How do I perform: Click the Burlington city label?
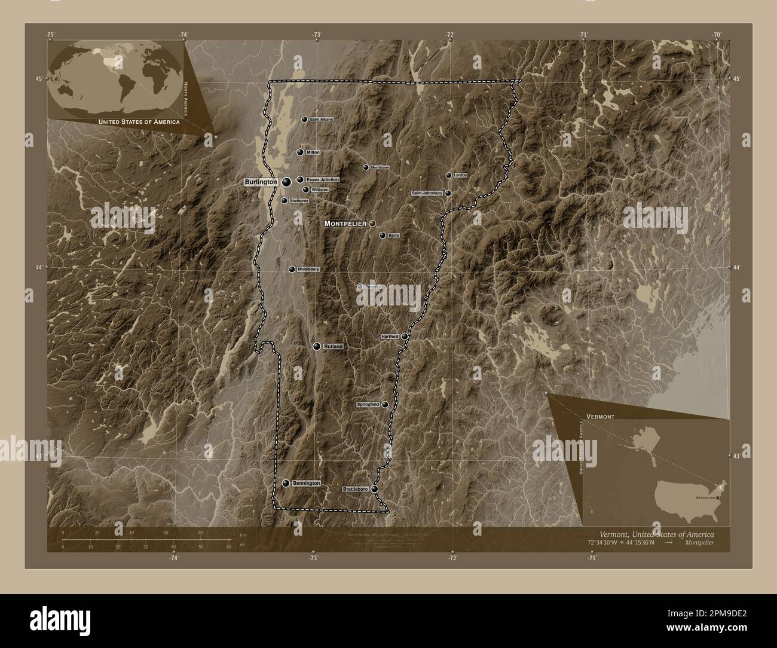(x=261, y=181)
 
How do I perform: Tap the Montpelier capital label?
(x=345, y=223)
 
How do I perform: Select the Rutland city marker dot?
(x=317, y=346)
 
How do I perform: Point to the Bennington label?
(x=307, y=483)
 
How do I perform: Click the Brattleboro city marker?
(x=375, y=489)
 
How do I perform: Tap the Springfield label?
(x=368, y=405)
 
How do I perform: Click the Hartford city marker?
(x=405, y=337)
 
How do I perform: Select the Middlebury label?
(x=308, y=270)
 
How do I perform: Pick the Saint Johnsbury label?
(x=427, y=193)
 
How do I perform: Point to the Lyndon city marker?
(x=449, y=175)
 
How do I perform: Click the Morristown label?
(x=380, y=167)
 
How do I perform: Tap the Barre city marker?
(x=383, y=236)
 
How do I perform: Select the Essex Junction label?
(x=322, y=180)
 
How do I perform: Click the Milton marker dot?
(x=300, y=152)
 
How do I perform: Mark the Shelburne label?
(x=299, y=201)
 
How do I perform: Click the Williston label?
(x=320, y=190)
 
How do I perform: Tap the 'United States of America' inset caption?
(x=139, y=122)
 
